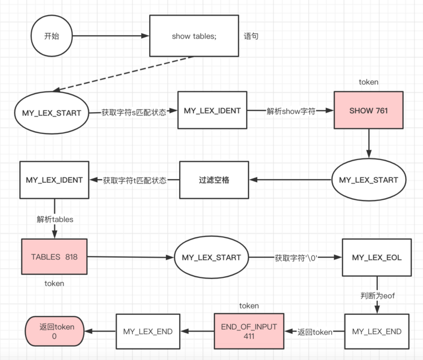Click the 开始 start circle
click(51, 36)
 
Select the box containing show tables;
click(194, 36)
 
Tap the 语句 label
click(251, 36)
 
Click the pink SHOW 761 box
click(368, 110)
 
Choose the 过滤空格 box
click(214, 180)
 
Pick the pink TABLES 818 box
click(55, 256)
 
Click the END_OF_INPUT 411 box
click(248, 331)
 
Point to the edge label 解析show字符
click(291, 110)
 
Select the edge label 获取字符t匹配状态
click(135, 180)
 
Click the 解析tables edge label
click(55, 220)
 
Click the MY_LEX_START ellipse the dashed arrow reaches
click(51, 112)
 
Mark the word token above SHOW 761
click(369, 82)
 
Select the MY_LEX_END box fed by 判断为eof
click(376, 331)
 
